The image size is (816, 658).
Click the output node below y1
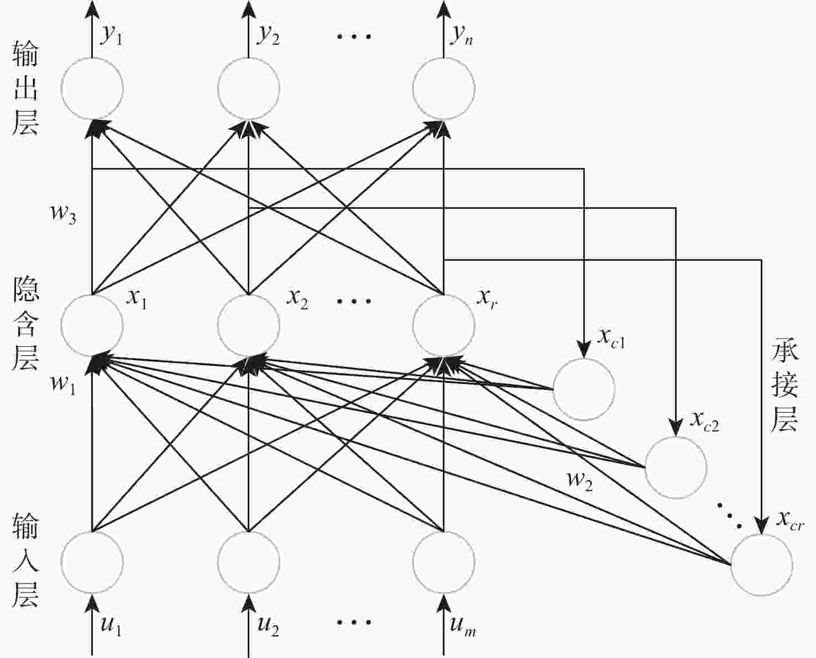point(92,88)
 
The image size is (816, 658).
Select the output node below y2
point(248,88)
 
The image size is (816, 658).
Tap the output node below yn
point(443,88)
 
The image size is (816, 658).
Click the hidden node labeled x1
point(92,325)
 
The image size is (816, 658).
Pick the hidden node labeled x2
point(248,325)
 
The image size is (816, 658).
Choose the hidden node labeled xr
point(443,325)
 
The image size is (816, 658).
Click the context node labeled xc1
point(584,389)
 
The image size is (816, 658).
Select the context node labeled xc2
point(676,467)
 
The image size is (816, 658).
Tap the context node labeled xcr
point(762,565)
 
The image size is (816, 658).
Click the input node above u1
point(92,562)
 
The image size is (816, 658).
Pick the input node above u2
point(248,562)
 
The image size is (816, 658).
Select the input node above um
point(443,562)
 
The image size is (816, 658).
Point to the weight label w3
point(64,213)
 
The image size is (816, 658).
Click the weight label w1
point(63,382)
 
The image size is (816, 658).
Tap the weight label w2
point(580,480)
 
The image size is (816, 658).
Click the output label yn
point(462,35)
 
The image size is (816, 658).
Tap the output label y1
point(111,35)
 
